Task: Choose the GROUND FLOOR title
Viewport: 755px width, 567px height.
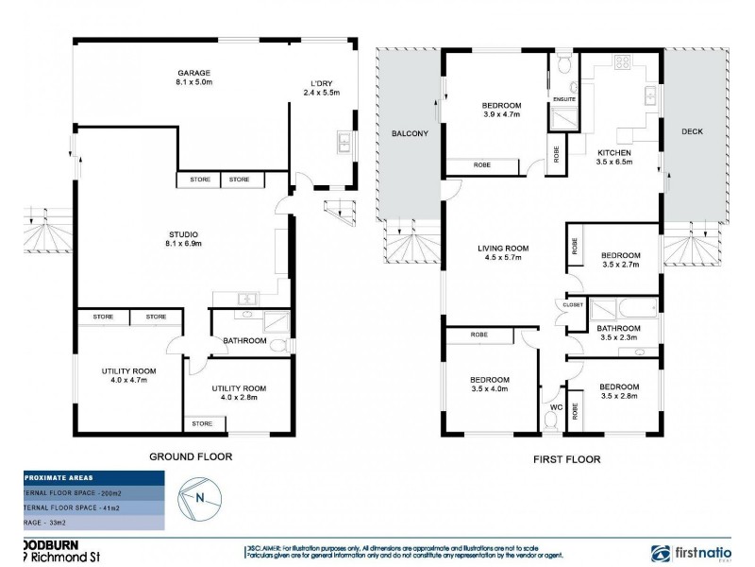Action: (191, 456)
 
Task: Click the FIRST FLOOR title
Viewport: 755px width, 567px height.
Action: (562, 460)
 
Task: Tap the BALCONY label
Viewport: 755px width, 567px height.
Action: (410, 134)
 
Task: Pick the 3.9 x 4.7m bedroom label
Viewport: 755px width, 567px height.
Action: (502, 110)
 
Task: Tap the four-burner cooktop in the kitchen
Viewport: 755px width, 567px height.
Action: (624, 64)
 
